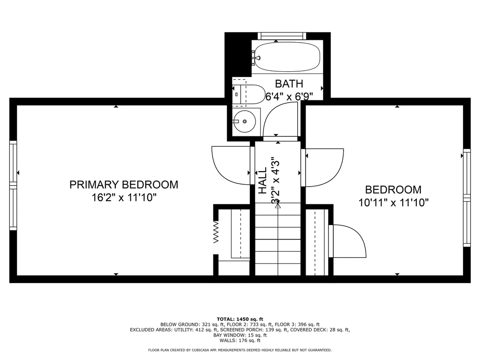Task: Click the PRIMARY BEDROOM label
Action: tap(124, 185)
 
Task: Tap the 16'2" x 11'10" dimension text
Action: tap(124, 197)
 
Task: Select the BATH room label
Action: tap(289, 84)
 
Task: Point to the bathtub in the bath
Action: tap(286, 57)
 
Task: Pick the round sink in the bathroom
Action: tap(245, 121)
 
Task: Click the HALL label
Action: tap(262, 180)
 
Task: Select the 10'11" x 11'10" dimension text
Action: tap(393, 202)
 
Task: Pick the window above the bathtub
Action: tap(282, 36)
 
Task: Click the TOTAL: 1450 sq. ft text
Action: tap(240, 318)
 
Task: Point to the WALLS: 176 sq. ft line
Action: tap(240, 341)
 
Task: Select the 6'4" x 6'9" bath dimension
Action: tap(289, 97)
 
